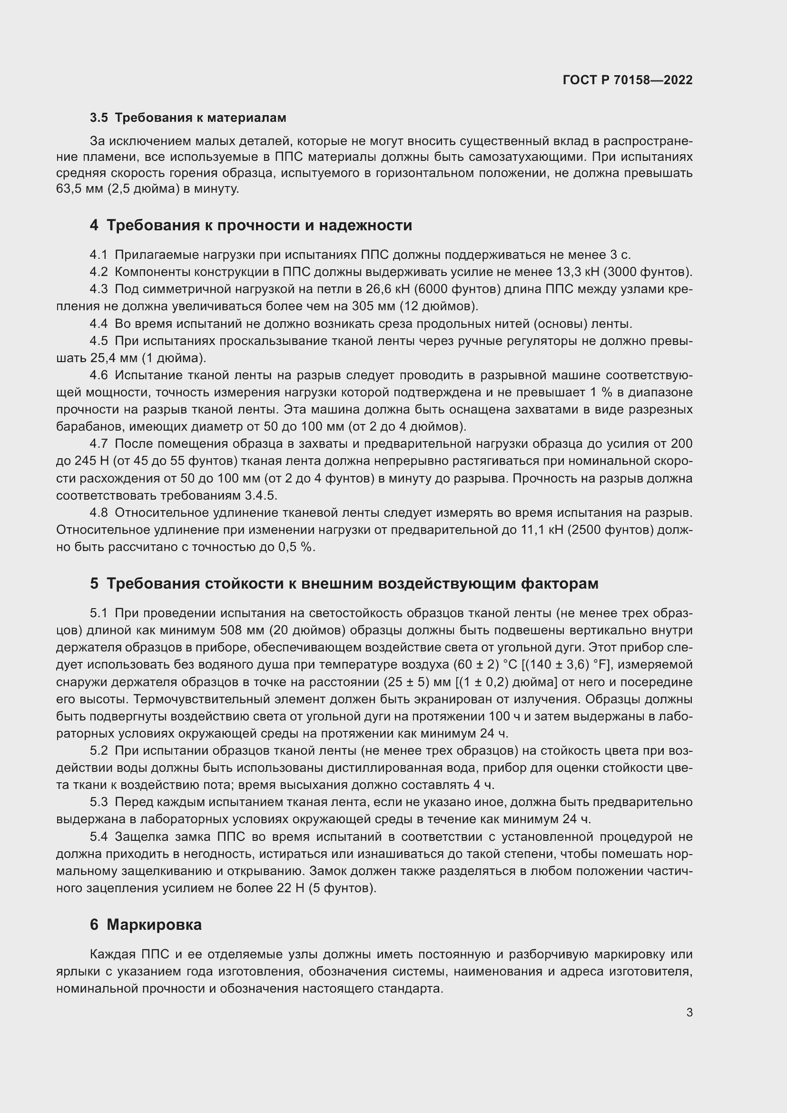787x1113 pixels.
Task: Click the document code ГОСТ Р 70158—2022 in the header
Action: tap(628, 80)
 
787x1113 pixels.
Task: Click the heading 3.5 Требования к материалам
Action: tap(188, 118)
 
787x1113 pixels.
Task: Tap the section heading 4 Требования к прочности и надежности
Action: tap(251, 226)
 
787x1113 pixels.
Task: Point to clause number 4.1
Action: tap(98, 255)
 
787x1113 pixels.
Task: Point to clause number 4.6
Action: tap(98, 375)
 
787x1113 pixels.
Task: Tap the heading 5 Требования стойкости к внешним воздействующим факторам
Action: tap(344, 584)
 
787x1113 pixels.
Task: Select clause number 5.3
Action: tap(98, 802)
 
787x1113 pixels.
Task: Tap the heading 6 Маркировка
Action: tap(146, 925)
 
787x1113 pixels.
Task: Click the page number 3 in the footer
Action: tap(689, 1012)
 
